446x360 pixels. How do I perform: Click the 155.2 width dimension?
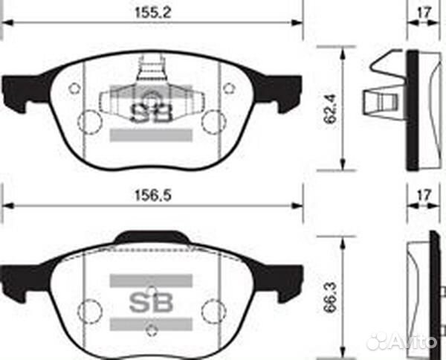click(x=153, y=12)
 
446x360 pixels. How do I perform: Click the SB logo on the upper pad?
click(x=152, y=112)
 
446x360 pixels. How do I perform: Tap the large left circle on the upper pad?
click(x=90, y=120)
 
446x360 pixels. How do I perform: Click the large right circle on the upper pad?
click(x=214, y=120)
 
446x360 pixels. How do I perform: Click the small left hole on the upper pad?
click(x=74, y=89)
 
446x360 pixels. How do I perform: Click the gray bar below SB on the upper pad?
click(x=152, y=135)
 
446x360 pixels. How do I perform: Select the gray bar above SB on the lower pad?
click(x=152, y=280)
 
